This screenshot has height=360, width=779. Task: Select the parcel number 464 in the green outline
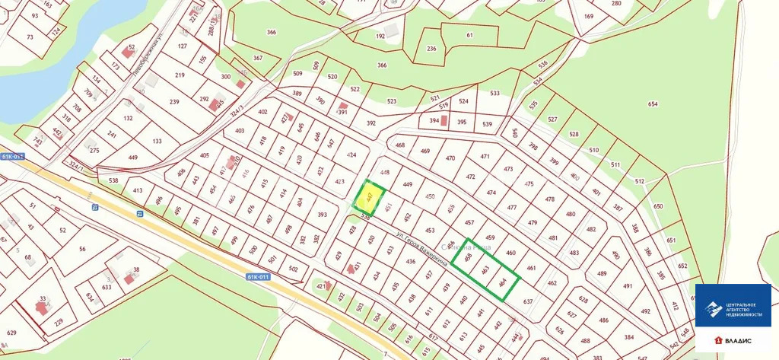click(502, 283)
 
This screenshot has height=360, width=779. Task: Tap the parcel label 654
click(653, 104)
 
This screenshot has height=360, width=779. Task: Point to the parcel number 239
click(173, 102)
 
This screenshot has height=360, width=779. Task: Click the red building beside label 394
click(446, 121)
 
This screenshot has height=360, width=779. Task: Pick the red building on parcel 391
click(343, 107)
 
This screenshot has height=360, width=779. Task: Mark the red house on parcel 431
click(354, 266)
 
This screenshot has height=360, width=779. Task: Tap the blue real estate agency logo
click(733, 306)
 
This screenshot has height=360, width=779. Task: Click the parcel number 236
click(431, 49)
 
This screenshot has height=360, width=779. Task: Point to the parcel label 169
click(589, 16)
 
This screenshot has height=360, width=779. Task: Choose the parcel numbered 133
click(157, 142)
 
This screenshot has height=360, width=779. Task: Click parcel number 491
click(628, 286)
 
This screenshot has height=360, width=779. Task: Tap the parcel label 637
click(528, 301)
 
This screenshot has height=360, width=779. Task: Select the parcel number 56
click(81, 249)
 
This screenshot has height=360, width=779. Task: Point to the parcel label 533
click(494, 94)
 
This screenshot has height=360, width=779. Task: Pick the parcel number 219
click(180, 75)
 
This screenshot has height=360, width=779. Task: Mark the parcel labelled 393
click(322, 215)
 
